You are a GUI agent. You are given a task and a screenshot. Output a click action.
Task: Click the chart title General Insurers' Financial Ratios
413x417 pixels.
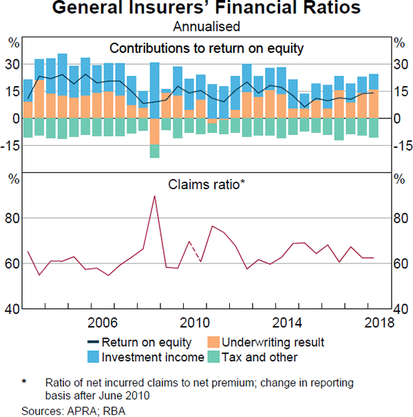[206, 9]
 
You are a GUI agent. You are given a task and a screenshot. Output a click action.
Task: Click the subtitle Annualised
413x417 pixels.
[206, 27]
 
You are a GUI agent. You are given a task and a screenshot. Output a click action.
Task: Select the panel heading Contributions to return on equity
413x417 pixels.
[206, 47]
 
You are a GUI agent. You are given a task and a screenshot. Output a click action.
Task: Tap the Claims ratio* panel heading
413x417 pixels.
[206, 184]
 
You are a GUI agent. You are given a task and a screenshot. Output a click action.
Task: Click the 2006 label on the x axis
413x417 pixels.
[103, 322]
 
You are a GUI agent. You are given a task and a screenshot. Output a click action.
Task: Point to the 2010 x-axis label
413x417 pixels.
[195, 322]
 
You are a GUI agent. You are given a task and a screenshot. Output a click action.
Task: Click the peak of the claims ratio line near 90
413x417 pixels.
[154, 196]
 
